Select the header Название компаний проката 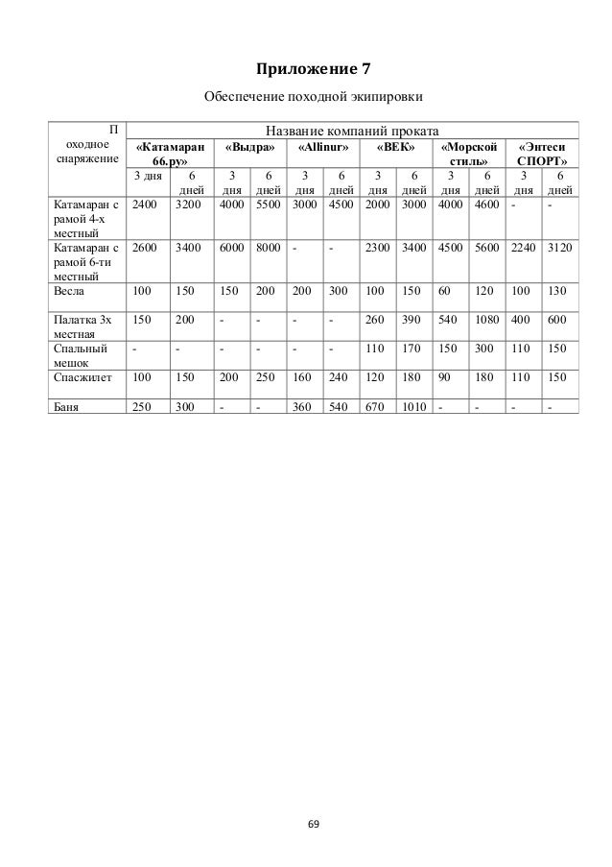354,131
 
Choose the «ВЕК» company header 396,148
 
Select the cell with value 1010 415,405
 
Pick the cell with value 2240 523,247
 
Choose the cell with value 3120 560,247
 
